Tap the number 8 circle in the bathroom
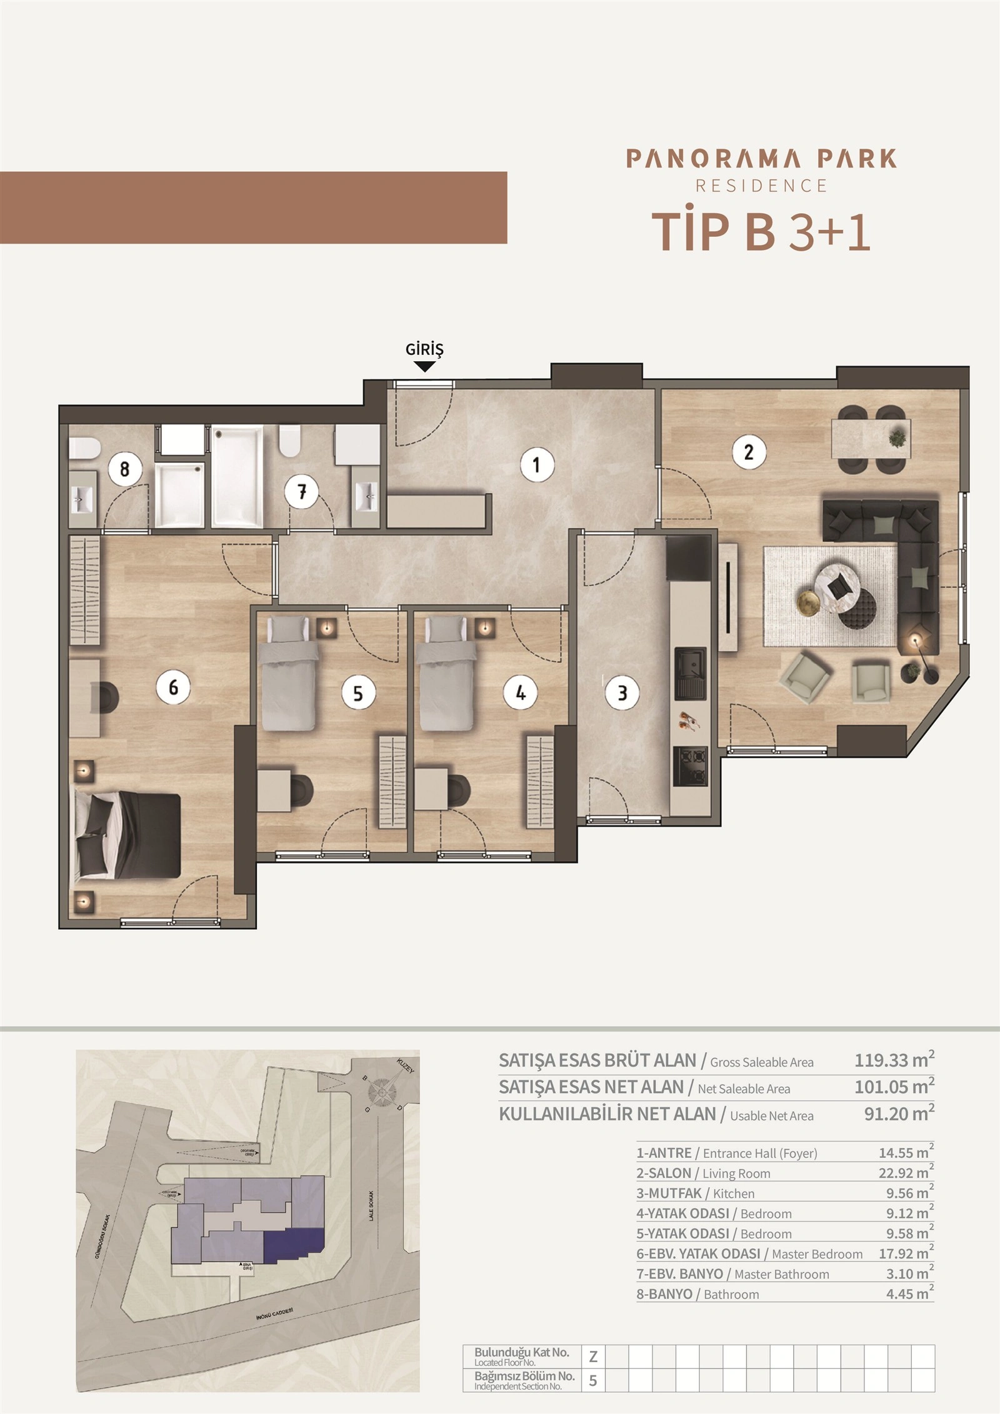pos(124,469)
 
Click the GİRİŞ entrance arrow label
pos(424,351)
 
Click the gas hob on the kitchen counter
pos(690,767)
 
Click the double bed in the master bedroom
pos(128,835)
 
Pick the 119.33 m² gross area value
pos(894,1060)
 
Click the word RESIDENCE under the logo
pos(761,186)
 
